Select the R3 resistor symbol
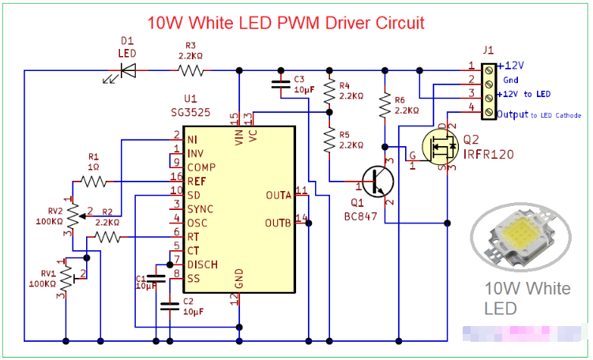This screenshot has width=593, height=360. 190,70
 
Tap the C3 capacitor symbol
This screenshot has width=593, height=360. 280,82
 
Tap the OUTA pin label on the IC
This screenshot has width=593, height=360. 279,194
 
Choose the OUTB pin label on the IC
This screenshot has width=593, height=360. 279,223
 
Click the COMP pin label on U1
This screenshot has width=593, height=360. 203,167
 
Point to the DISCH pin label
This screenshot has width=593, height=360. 203,264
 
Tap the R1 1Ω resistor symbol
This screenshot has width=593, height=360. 93,182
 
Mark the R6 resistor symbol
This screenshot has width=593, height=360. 384,106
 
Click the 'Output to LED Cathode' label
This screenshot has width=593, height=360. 539,115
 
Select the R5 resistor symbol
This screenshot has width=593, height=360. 328,141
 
